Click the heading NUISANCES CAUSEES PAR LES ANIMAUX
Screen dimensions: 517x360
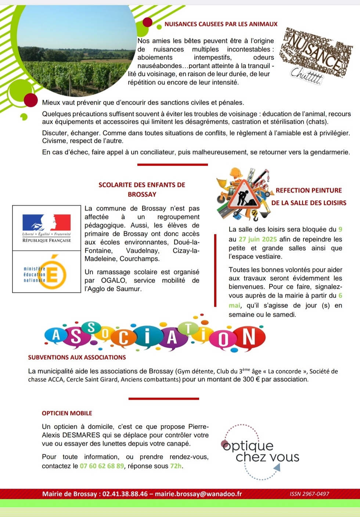tap(221, 24)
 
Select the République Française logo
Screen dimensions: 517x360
tap(47, 228)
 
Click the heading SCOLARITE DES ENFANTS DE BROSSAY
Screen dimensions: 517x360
tap(142, 190)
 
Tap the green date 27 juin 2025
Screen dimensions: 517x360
tap(258, 239)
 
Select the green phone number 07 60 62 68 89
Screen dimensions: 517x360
tap(102, 466)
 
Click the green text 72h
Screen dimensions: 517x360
tap(176, 466)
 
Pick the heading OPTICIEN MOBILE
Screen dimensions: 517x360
tap(67, 413)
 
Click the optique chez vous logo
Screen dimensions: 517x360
tap(259, 452)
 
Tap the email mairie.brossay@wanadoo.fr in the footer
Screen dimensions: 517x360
tap(198, 494)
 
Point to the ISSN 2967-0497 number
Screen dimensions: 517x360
tap(309, 494)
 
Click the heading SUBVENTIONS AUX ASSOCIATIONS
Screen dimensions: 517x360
tap(77, 357)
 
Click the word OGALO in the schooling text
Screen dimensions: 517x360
tap(113, 280)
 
